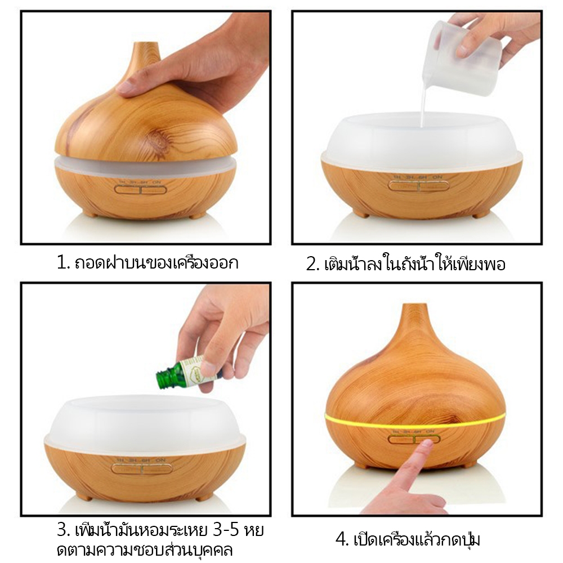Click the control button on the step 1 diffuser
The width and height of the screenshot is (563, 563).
(x=140, y=189)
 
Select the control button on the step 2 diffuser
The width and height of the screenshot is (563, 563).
(x=419, y=186)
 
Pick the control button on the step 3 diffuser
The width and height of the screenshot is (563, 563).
(x=142, y=468)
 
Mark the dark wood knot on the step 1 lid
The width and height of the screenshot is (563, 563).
(x=158, y=139)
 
